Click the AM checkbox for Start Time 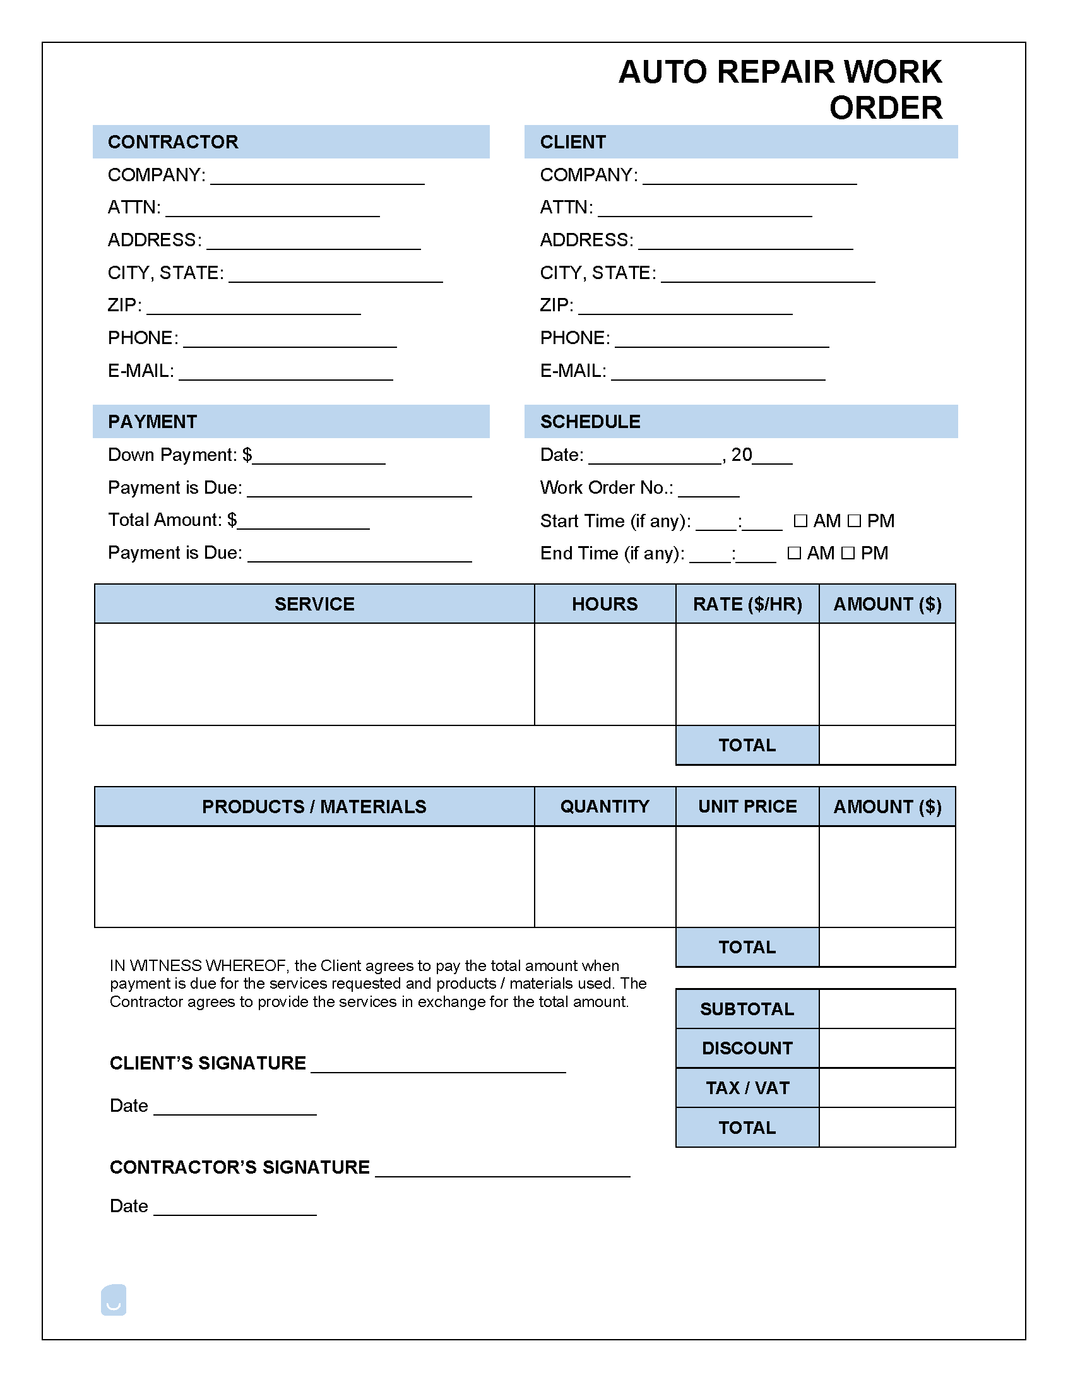(800, 521)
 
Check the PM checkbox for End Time (848, 553)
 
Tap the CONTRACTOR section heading (173, 142)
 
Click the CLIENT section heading (573, 142)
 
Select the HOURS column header (604, 604)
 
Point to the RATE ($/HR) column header (747, 604)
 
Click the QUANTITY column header (604, 806)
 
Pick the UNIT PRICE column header (747, 806)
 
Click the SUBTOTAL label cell (747, 1009)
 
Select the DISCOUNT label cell (747, 1048)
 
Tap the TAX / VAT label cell (747, 1088)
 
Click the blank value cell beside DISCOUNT (887, 1048)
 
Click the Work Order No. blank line (708, 491)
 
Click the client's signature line (439, 1067)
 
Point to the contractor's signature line (502, 1171)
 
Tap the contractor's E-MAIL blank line (286, 374)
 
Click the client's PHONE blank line (722, 342)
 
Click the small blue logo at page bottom (114, 1300)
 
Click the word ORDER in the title (886, 108)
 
